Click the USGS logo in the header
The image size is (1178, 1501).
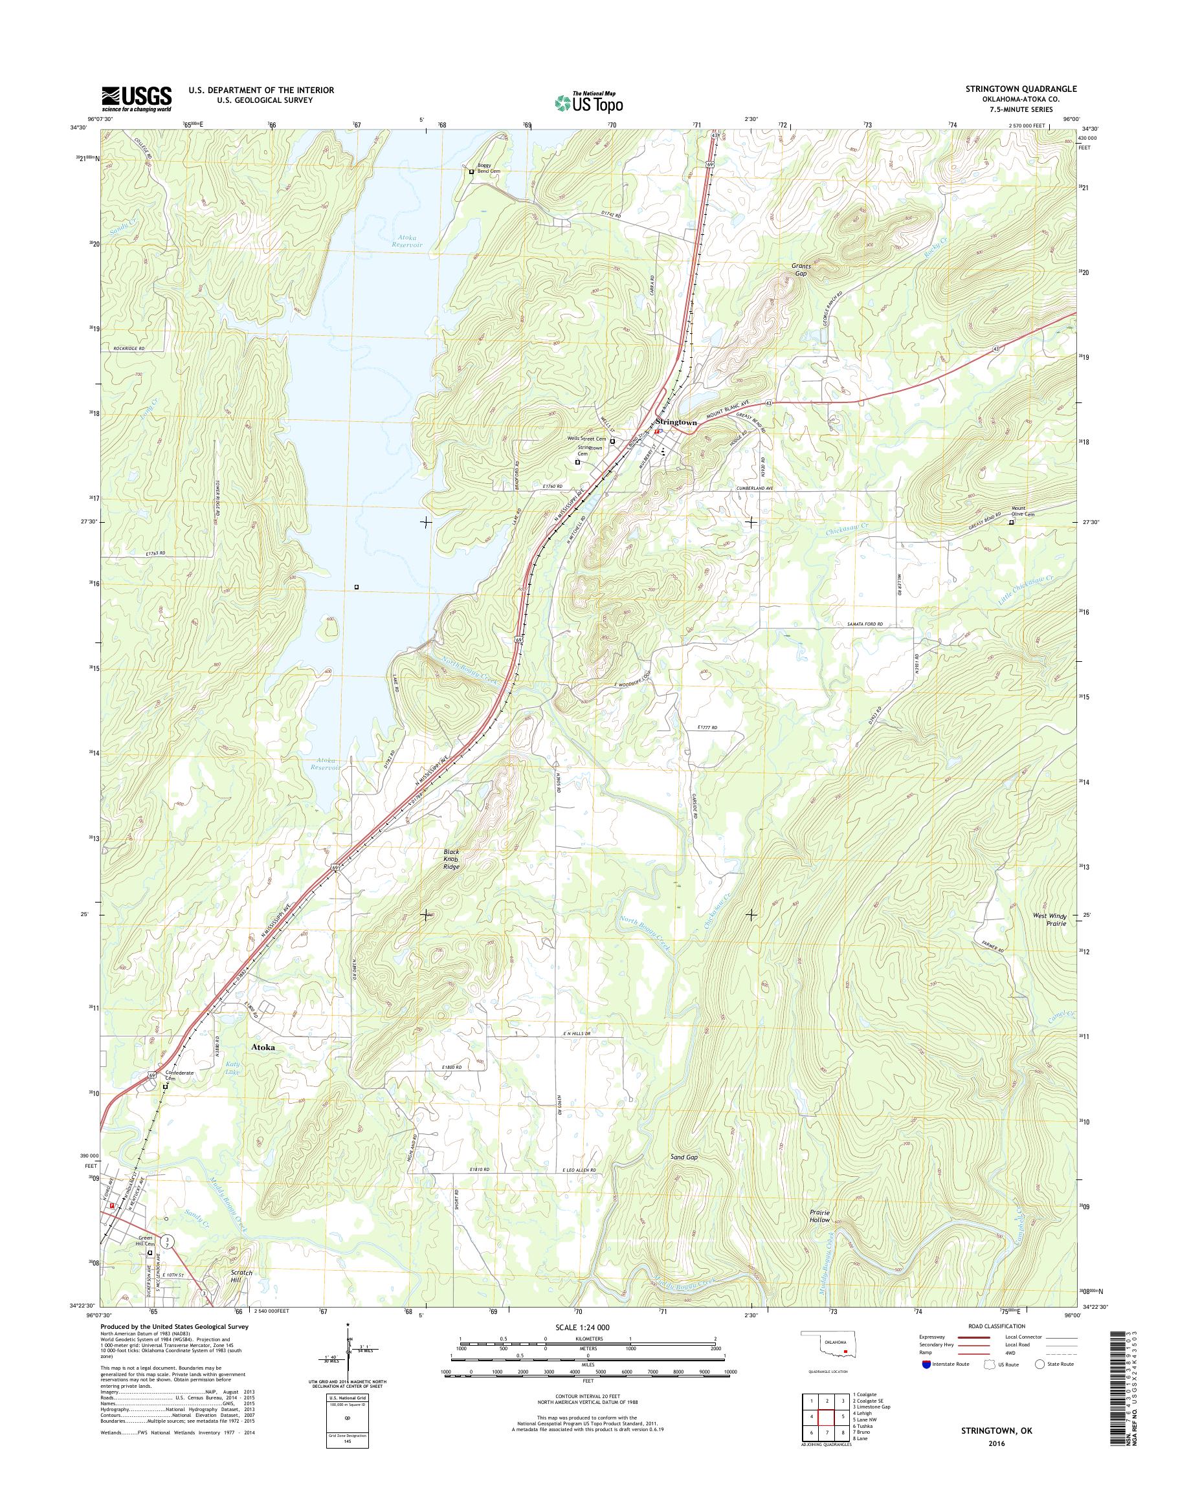pyautogui.click(x=137, y=98)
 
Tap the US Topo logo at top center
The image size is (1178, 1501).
pyautogui.click(x=589, y=102)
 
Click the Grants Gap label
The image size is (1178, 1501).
pyautogui.click(x=800, y=270)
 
